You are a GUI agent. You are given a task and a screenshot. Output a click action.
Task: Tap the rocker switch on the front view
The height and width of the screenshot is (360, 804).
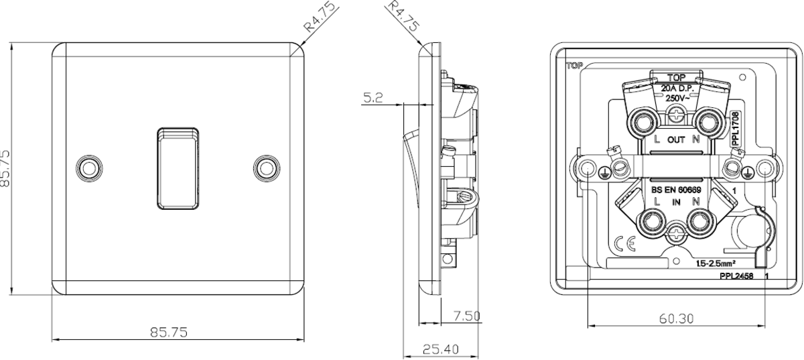(178, 168)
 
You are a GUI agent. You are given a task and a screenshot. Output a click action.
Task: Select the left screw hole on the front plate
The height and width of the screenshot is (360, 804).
(89, 168)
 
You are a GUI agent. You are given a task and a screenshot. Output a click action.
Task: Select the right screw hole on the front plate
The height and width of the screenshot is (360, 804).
(267, 168)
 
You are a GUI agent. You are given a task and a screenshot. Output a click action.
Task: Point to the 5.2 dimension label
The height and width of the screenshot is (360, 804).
(373, 98)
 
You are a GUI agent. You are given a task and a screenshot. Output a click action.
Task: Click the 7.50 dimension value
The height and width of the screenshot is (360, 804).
(466, 316)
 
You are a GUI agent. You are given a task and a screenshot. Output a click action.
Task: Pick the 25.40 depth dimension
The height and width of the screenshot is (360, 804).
(441, 349)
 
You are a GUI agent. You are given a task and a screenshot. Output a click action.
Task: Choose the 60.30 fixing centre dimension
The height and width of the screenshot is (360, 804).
(677, 318)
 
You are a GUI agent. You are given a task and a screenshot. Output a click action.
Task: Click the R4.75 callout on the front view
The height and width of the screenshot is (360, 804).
(320, 17)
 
